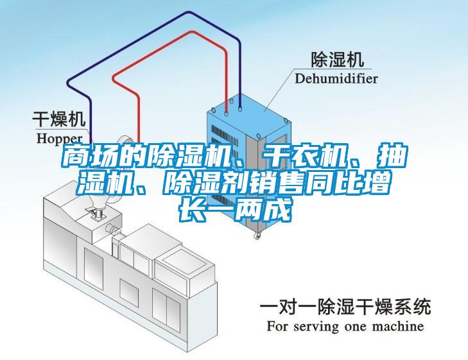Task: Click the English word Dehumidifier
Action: (336, 79)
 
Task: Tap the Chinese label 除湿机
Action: (338, 59)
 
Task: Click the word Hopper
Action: (60, 139)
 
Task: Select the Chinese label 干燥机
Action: (59, 119)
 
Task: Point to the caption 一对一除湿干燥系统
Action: (345, 306)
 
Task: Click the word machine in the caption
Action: (398, 326)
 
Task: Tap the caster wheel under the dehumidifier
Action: (257, 236)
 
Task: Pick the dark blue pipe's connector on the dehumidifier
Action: (239, 107)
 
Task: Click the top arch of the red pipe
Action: (189, 31)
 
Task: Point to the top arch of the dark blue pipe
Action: (188, 12)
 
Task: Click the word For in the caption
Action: (278, 326)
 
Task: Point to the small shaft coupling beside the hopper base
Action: (112, 228)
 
